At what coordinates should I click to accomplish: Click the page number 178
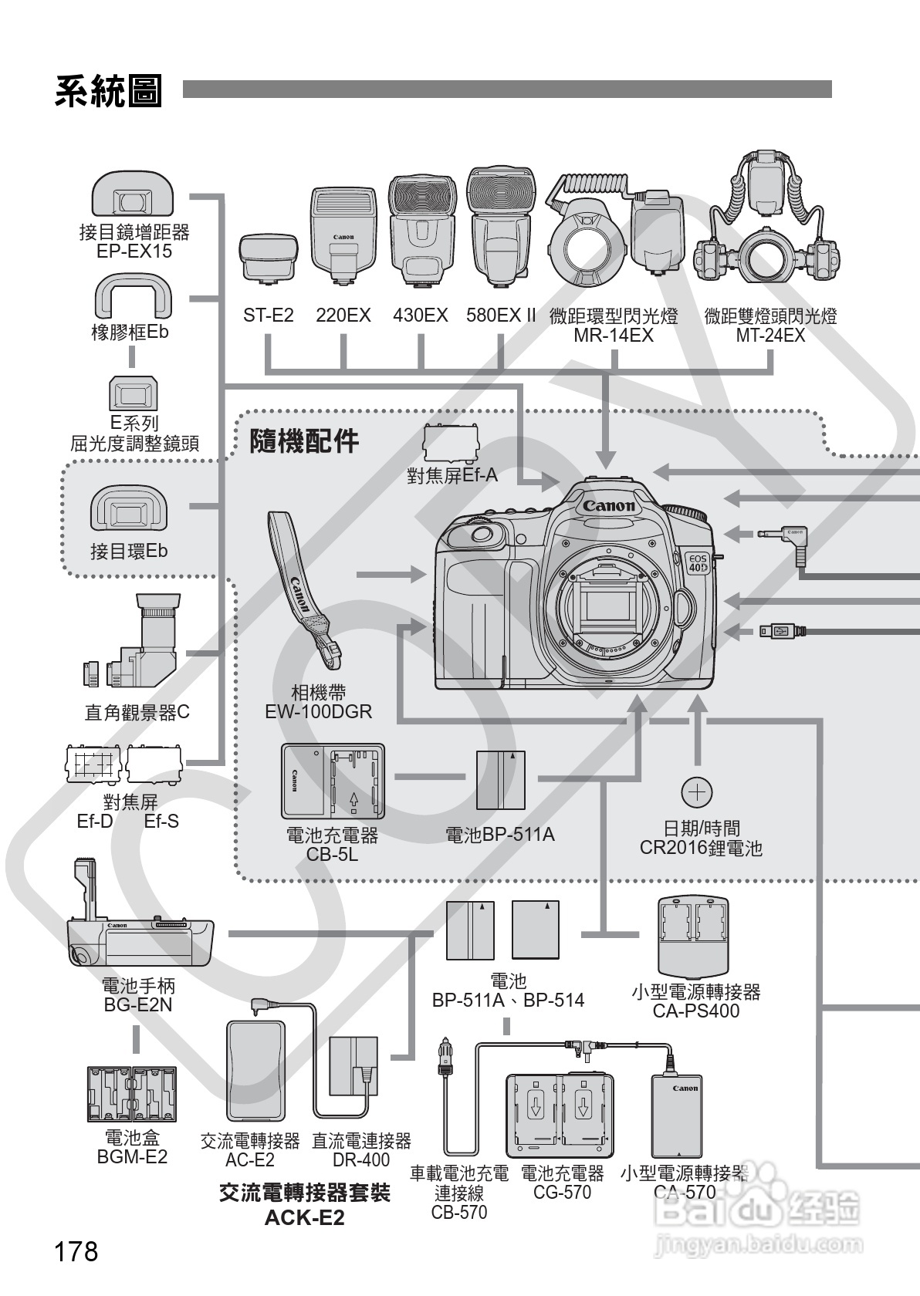[76, 1251]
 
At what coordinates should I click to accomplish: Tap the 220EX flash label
[343, 316]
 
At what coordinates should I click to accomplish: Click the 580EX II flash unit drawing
[500, 228]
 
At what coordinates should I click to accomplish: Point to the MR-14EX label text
[614, 336]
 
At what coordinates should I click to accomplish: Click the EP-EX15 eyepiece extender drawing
[133, 194]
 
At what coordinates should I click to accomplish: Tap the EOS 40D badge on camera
[698, 563]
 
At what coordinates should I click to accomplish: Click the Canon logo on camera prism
[608, 506]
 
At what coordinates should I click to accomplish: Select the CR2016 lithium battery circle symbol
[697, 792]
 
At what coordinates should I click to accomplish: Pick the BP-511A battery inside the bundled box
[501, 780]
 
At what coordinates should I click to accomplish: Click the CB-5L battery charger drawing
[333, 781]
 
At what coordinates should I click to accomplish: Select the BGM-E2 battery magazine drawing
[132, 1094]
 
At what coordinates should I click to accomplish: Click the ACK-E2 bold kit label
[305, 1218]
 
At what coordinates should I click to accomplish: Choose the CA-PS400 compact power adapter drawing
[693, 937]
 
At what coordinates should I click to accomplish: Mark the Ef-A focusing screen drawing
[451, 443]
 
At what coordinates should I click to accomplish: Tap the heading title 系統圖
[108, 91]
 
